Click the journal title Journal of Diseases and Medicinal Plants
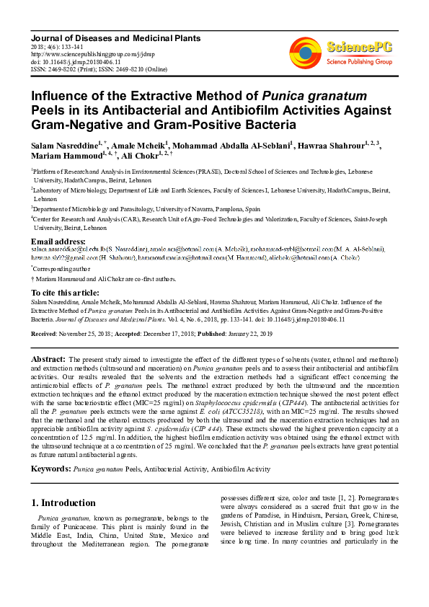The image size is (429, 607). point(114,37)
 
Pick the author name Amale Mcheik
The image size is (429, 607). point(138,146)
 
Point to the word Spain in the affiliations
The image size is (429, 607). point(252,207)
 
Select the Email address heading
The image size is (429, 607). point(58,241)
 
